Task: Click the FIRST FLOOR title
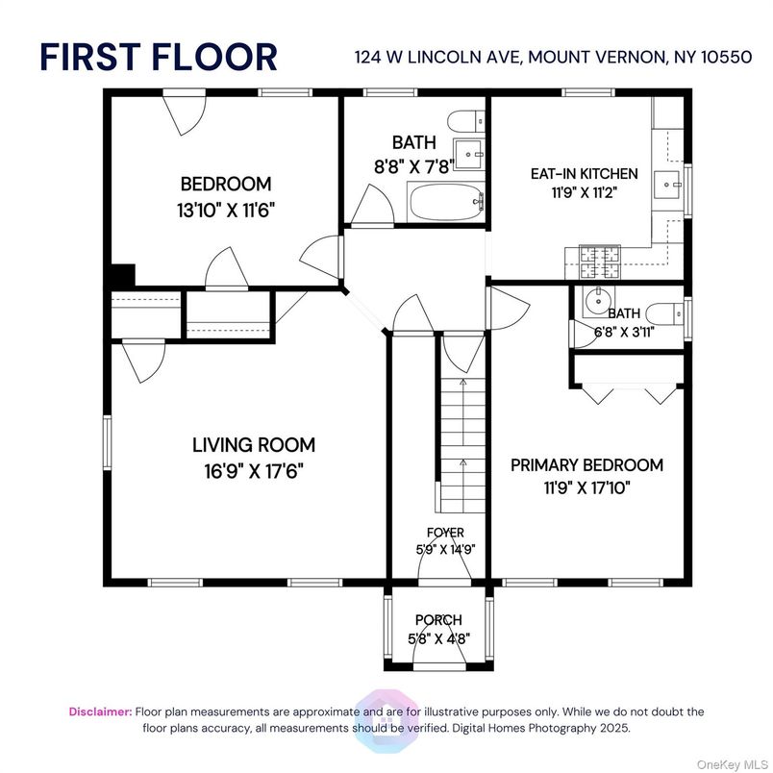pyautogui.click(x=159, y=57)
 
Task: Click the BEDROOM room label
pyautogui.click(x=226, y=184)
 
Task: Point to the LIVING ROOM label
pyautogui.click(x=254, y=445)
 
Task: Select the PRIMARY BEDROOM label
pyautogui.click(x=586, y=465)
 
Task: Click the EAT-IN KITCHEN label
pyautogui.click(x=584, y=174)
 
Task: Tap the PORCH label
pyautogui.click(x=438, y=619)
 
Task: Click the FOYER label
pyautogui.click(x=445, y=533)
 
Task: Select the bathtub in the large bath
pyautogui.click(x=445, y=203)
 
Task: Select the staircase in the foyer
pyautogui.click(x=461, y=442)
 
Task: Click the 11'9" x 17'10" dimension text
pyautogui.click(x=586, y=487)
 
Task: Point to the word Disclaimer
pyautogui.click(x=100, y=711)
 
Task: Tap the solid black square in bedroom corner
pyautogui.click(x=121, y=275)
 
